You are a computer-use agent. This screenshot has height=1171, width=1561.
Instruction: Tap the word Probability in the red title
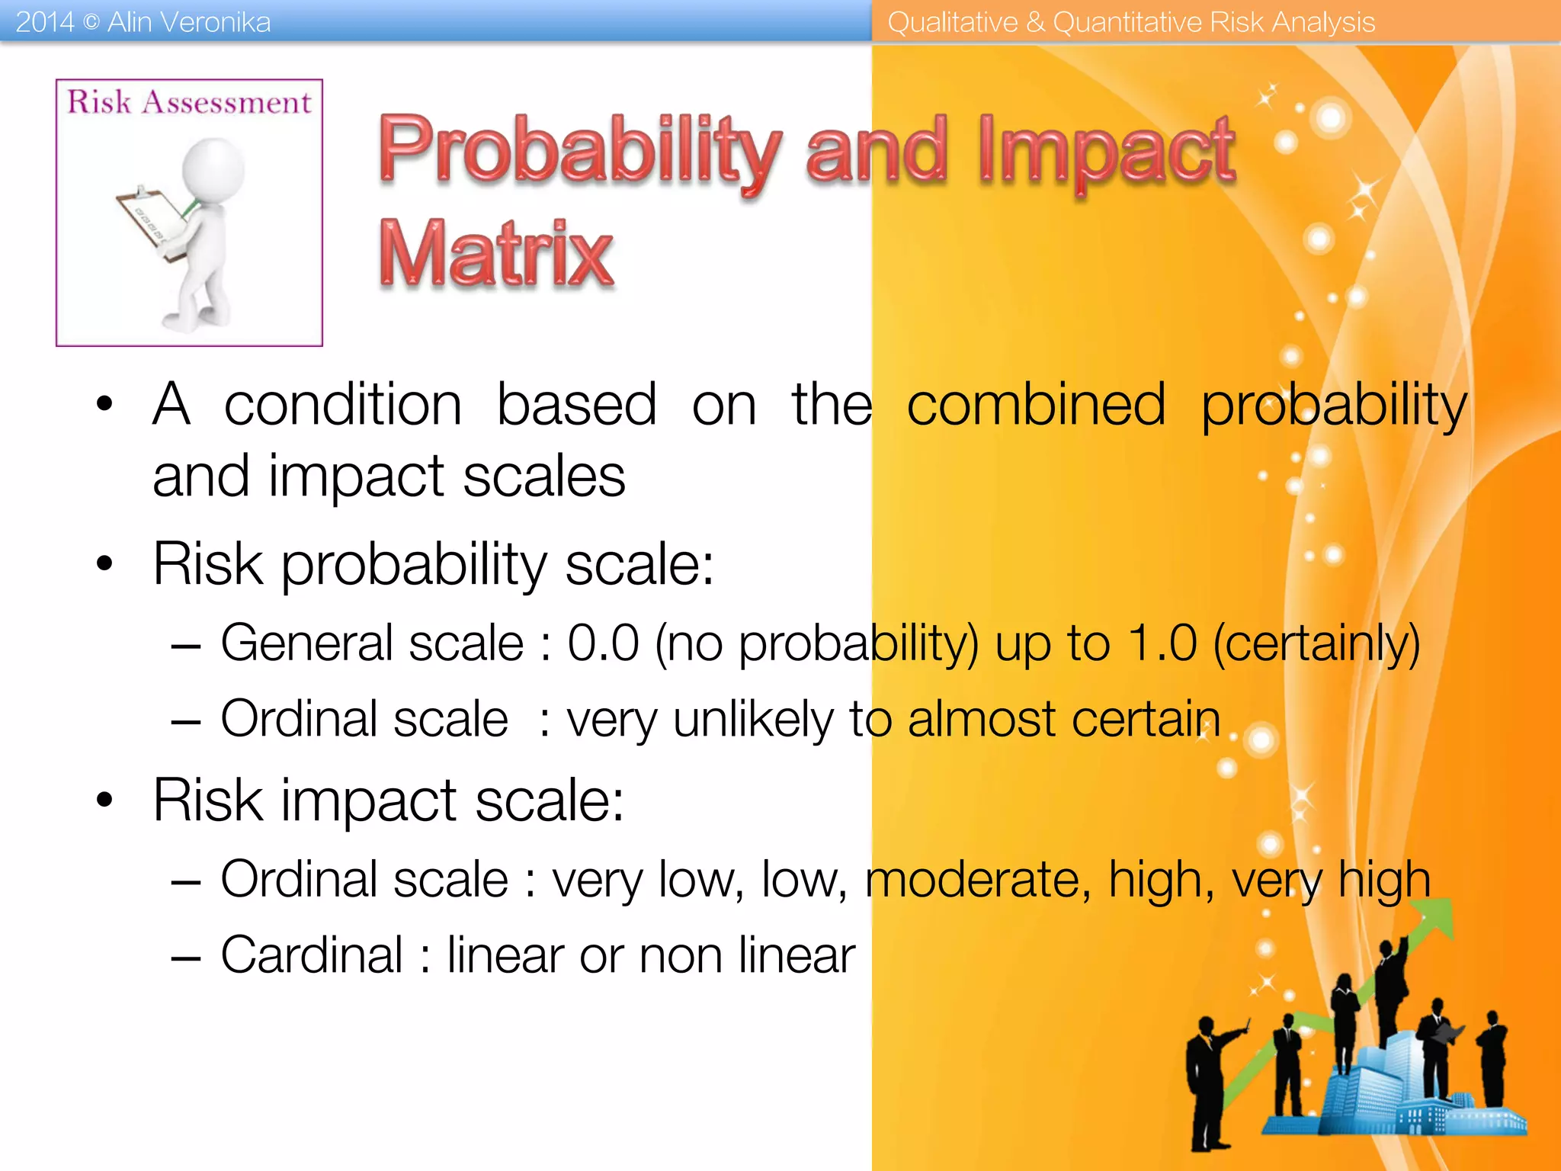click(579, 150)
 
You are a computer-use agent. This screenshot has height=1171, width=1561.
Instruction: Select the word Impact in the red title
click(1107, 150)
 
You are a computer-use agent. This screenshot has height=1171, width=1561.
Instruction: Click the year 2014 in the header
click(44, 22)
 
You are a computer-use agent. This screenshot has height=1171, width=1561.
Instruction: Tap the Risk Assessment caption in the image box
click(189, 102)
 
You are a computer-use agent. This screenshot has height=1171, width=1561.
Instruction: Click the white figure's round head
click(214, 168)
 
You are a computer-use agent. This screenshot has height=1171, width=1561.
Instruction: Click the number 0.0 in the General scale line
click(603, 643)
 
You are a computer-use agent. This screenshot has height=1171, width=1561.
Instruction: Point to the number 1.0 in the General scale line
click(1162, 643)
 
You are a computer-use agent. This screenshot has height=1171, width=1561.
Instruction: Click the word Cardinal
click(311, 954)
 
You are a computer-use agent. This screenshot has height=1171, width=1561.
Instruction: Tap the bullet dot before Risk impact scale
click(104, 800)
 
